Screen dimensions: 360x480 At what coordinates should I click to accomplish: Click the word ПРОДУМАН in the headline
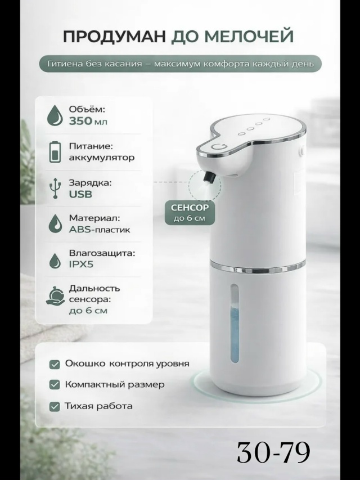pyautogui.click(x=115, y=37)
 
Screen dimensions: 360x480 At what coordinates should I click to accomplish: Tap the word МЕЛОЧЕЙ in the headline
pyautogui.click(x=248, y=37)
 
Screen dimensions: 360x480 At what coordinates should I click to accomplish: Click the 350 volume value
pyautogui.click(x=80, y=121)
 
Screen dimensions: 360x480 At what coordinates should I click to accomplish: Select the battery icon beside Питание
pyautogui.click(x=55, y=151)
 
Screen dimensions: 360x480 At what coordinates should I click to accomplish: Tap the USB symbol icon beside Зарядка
pyautogui.click(x=55, y=188)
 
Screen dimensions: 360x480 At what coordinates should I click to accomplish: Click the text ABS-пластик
pyautogui.click(x=100, y=230)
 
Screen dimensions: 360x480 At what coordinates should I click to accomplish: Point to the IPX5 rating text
pyautogui.click(x=81, y=264)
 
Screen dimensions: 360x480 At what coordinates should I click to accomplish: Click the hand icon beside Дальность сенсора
pyautogui.click(x=56, y=296)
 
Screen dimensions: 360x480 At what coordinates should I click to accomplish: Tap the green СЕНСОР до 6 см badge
pyautogui.click(x=190, y=213)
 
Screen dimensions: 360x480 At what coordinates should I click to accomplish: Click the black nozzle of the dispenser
pyautogui.click(x=209, y=178)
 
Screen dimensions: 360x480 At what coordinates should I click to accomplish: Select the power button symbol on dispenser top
pyautogui.click(x=219, y=147)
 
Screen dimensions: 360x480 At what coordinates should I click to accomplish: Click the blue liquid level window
pyautogui.click(x=235, y=323)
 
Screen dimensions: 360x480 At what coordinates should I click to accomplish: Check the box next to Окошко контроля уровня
pyautogui.click(x=55, y=364)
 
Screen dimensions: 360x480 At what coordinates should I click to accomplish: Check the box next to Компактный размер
pyautogui.click(x=55, y=384)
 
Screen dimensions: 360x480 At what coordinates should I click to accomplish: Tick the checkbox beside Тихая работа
pyautogui.click(x=55, y=406)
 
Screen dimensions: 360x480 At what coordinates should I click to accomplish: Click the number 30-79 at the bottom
pyautogui.click(x=273, y=452)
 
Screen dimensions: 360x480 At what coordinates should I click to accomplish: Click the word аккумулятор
pyautogui.click(x=102, y=158)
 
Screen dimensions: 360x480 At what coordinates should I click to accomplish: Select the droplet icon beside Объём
pyautogui.click(x=55, y=115)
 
